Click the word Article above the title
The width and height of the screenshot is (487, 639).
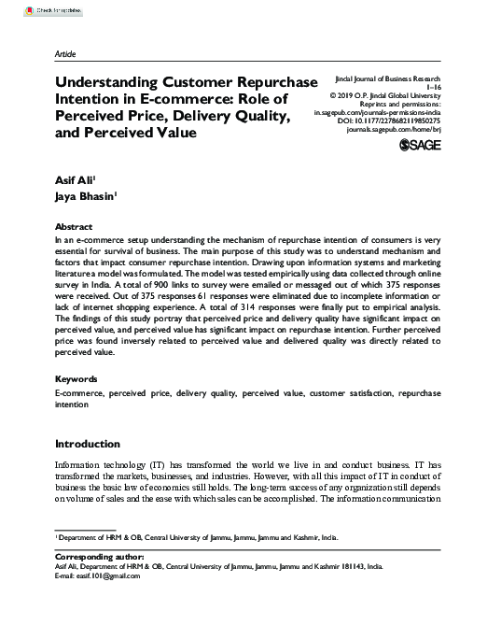67,54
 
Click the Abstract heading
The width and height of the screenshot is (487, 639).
74,227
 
